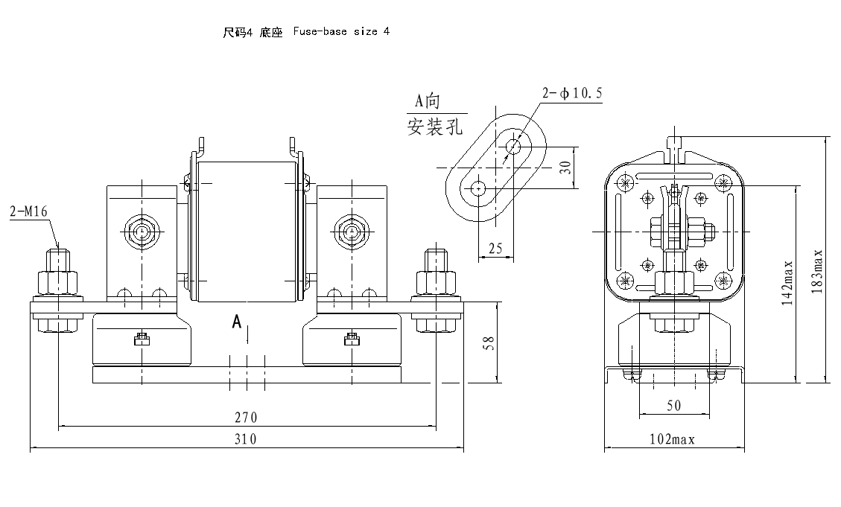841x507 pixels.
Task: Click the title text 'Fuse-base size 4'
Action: click(341, 32)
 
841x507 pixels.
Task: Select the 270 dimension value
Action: click(247, 418)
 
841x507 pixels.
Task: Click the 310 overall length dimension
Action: click(247, 439)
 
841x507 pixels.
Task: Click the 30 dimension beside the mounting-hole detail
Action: click(567, 168)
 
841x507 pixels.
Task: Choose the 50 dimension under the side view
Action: click(673, 406)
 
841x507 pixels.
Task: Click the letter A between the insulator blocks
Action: click(237, 322)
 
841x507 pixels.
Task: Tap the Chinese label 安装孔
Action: click(435, 127)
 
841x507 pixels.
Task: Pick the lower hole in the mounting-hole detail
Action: click(477, 188)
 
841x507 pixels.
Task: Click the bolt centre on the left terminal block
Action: click(141, 232)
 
